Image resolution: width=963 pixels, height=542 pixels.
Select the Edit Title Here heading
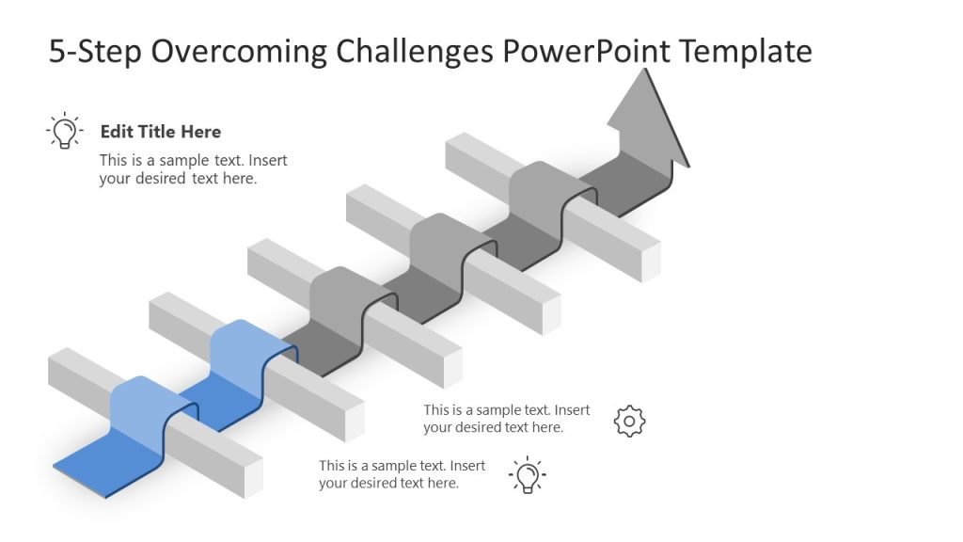pyautogui.click(x=161, y=132)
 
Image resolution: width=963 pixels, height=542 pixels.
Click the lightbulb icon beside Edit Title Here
pyautogui.click(x=64, y=131)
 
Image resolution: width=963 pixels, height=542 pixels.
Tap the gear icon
pyautogui.click(x=629, y=421)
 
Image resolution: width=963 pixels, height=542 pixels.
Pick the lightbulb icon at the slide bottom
pyautogui.click(x=528, y=475)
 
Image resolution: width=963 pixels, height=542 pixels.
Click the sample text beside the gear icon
pyautogui.click(x=506, y=419)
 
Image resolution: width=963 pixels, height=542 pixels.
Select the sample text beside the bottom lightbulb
pyautogui.click(x=402, y=474)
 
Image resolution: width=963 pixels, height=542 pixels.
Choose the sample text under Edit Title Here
pyautogui.click(x=193, y=169)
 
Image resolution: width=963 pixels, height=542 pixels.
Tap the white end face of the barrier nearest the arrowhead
pyautogui.click(x=651, y=263)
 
